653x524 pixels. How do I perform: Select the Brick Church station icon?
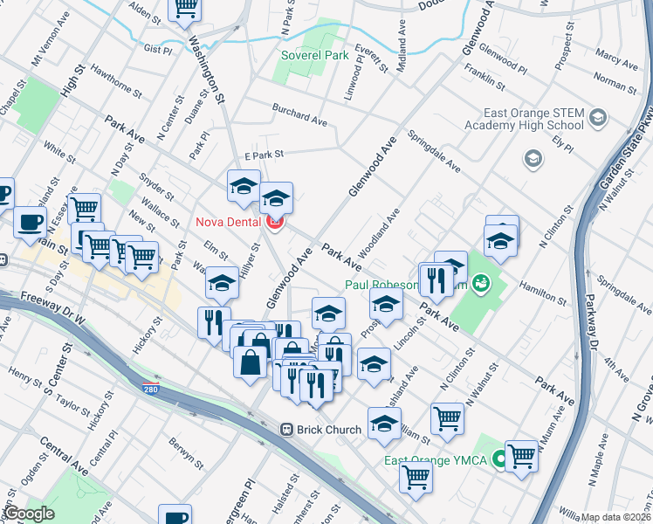coord(285,430)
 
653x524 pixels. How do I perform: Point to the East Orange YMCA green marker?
coord(500,458)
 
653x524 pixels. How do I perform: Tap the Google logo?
coord(29,514)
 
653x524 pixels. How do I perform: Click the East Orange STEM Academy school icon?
coord(598,117)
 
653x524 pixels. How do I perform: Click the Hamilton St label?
coord(543,292)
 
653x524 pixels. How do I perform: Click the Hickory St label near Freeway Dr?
coord(151,333)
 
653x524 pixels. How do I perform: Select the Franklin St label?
coord(485,77)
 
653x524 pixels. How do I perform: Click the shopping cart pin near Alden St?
coord(185,9)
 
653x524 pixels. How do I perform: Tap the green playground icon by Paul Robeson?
coord(479,283)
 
